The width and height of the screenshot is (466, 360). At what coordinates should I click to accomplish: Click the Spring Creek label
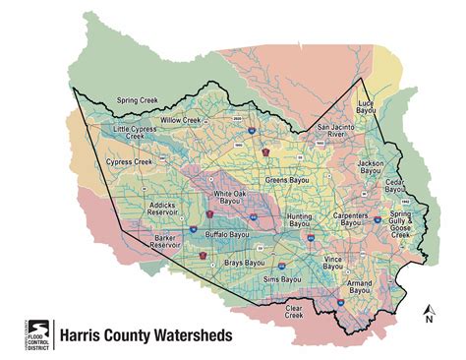click(139, 100)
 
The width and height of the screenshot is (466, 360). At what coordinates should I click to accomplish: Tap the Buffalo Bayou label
click(228, 235)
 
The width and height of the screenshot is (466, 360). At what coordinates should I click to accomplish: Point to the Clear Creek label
click(295, 311)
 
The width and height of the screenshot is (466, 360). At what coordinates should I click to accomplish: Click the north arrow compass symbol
click(428, 314)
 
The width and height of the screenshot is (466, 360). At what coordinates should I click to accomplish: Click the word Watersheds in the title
click(192, 335)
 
